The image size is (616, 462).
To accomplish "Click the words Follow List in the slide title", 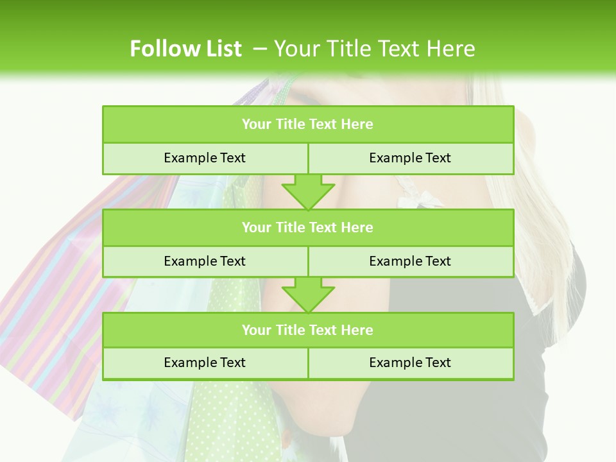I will (185, 49).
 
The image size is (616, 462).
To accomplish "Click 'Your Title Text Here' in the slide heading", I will (374, 49).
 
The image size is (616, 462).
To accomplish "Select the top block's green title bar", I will (308, 124).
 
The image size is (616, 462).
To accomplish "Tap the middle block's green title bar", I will (308, 228).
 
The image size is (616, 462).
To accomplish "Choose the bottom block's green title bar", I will (308, 330).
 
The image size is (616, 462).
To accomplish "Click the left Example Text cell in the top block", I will (205, 158).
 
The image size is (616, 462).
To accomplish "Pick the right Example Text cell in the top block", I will (410, 158).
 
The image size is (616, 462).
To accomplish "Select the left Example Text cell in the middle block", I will (205, 262).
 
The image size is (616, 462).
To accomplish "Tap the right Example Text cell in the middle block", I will (410, 262).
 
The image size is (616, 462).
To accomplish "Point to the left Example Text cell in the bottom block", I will (205, 363).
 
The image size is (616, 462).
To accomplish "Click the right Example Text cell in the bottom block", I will (410, 363).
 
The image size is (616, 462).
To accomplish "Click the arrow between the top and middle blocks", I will (308, 191).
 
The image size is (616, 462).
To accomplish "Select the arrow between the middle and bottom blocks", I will (308, 295).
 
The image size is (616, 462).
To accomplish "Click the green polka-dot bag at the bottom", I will (231, 417).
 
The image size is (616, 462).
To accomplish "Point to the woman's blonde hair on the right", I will (552, 212).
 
